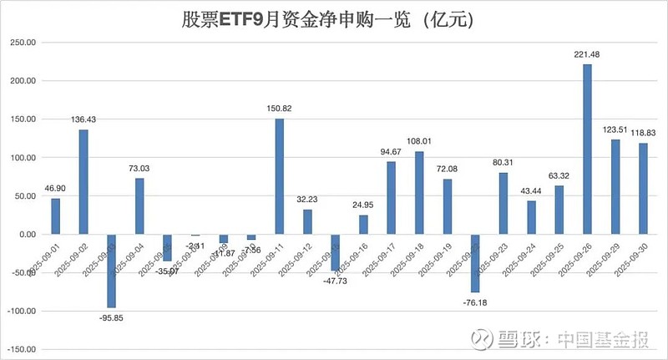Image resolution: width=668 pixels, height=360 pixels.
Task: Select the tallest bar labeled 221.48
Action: tap(588, 150)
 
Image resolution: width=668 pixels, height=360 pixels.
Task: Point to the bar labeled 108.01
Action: tap(420, 193)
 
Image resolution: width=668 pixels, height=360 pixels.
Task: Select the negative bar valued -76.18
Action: tap(476, 263)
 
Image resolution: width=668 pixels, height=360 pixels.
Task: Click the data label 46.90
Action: tap(55, 190)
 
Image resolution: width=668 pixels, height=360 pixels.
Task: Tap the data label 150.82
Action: tap(280, 109)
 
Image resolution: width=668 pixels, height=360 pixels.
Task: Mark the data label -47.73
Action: tap(336, 280)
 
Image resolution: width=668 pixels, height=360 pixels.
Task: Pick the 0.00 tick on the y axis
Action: tap(27, 234)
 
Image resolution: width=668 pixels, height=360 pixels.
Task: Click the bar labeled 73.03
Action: tap(139, 206)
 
